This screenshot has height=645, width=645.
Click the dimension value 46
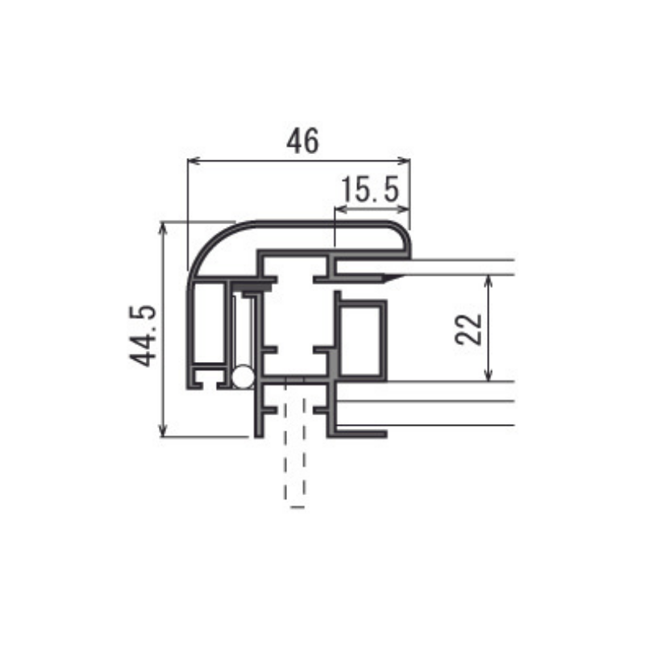coord(302,140)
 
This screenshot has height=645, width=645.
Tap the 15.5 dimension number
coord(370,189)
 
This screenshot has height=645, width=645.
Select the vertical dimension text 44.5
coord(143,336)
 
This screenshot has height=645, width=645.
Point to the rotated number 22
coord(468,329)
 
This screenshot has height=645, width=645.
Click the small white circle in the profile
coord(243,377)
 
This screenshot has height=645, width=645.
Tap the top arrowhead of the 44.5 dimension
coord(163,227)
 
